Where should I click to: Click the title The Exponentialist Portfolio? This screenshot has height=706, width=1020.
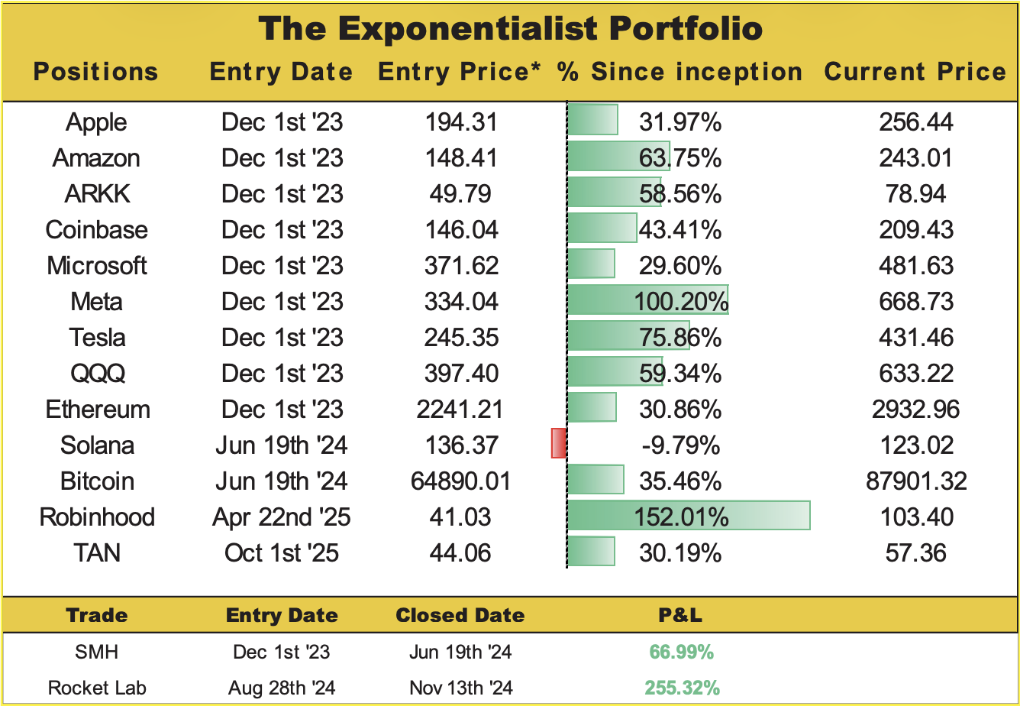[x=510, y=28]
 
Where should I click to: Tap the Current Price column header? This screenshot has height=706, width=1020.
[x=915, y=72]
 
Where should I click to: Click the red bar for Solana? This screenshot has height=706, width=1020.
[x=559, y=444]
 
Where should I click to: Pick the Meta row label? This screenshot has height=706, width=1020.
[x=96, y=302]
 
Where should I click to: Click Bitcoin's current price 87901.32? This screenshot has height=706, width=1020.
[x=915, y=481]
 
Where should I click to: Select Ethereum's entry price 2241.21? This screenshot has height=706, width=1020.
[x=460, y=410]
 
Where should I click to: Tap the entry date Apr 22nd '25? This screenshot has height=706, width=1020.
[x=282, y=517]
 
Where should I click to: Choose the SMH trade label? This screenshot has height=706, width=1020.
[x=96, y=652]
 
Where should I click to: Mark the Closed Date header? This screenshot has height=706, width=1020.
[x=460, y=615]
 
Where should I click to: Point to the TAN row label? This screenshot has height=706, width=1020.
[x=96, y=552]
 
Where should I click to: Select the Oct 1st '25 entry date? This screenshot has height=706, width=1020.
[x=282, y=552]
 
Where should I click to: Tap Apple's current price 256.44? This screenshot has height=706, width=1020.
[x=915, y=122]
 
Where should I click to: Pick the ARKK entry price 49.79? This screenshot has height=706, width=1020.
[x=460, y=194]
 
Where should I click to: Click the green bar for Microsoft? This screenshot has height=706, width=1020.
[x=592, y=264]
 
